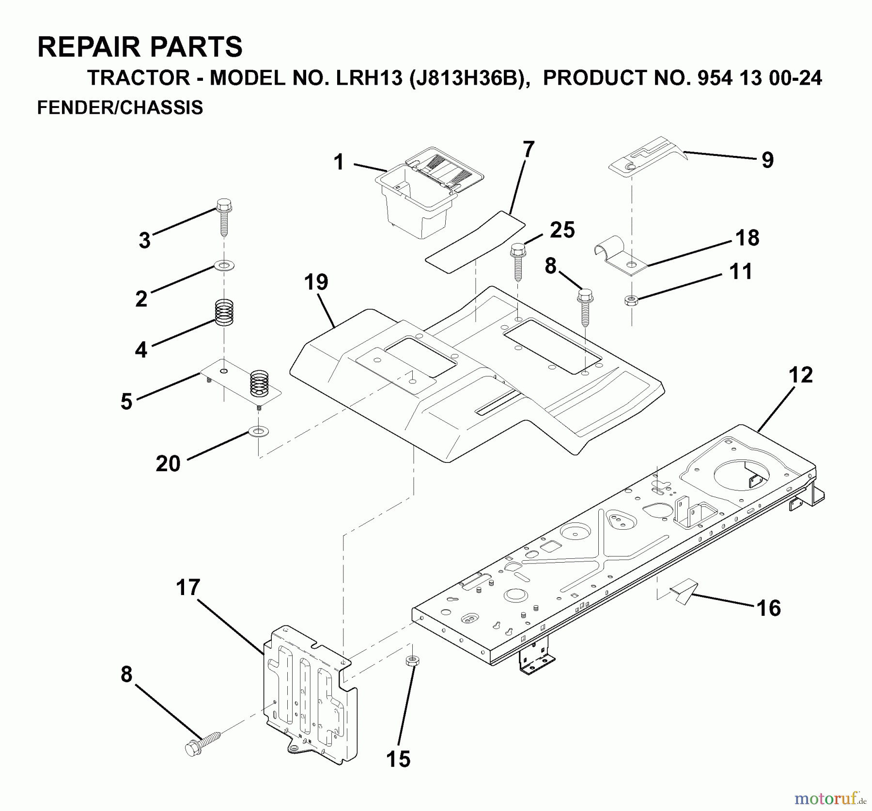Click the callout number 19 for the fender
[x=316, y=282]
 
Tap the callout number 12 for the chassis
[x=800, y=375]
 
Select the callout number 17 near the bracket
[x=188, y=587]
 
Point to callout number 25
[x=562, y=230]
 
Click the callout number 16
[x=768, y=608]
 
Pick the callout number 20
[x=168, y=463]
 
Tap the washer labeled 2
[x=224, y=265]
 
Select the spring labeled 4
[x=224, y=313]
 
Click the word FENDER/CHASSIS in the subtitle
[x=120, y=107]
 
